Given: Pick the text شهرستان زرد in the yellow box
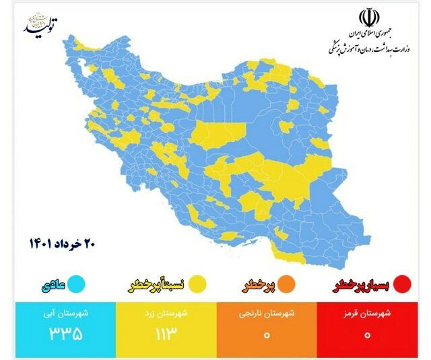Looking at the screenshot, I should pyautogui.click(x=166, y=313).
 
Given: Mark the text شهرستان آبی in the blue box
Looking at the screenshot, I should pyautogui.click(x=63, y=313).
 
